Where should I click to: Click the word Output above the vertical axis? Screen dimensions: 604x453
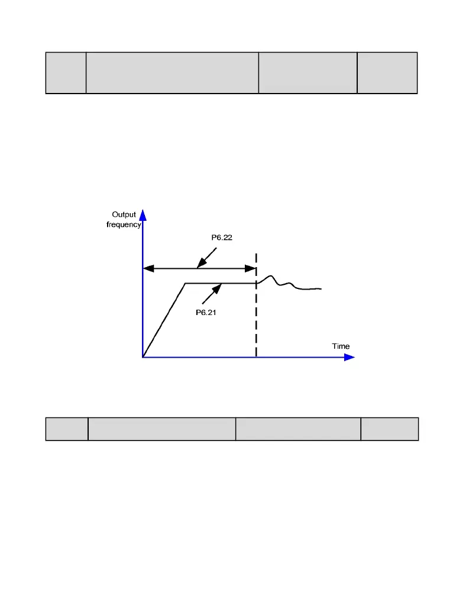pyautogui.click(x=124, y=215)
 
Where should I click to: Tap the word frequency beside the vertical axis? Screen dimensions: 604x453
pyautogui.click(x=124, y=224)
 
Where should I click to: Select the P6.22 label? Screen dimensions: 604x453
pyautogui.click(x=222, y=238)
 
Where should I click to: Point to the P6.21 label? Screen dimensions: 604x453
pyautogui.click(x=206, y=313)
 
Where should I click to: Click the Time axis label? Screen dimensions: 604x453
pyautogui.click(x=341, y=346)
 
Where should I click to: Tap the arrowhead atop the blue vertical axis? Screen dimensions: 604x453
pyautogui.click(x=143, y=214)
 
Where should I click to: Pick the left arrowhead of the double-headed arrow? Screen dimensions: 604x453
pyautogui.click(x=148, y=268)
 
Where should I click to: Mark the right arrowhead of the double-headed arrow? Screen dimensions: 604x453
pyautogui.click(x=251, y=268)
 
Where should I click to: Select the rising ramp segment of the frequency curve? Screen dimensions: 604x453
pyautogui.click(x=164, y=320)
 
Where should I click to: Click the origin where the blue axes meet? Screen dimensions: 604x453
pyautogui.click(x=143, y=357)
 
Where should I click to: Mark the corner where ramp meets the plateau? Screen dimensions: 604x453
pyautogui.click(x=185, y=284)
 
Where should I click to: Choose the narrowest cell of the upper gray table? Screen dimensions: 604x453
pyautogui.click(x=66, y=73)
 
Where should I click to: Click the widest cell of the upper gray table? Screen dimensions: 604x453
pyautogui.click(x=172, y=73)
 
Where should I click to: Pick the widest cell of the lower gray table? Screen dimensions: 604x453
pyautogui.click(x=161, y=429)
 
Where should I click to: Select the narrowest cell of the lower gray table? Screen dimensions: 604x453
pyautogui.click(x=67, y=429)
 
